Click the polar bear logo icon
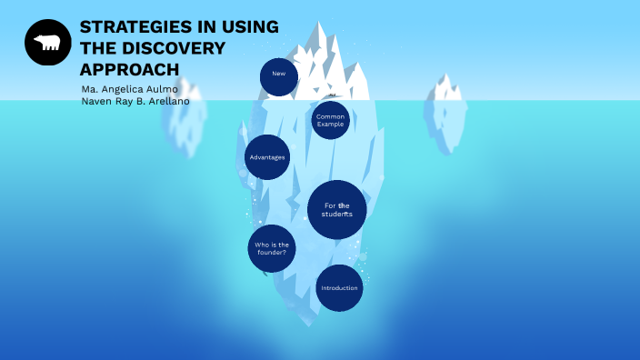(47, 43)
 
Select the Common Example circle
(330, 120)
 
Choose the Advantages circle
(267, 157)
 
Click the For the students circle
(337, 209)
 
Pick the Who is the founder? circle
(272, 248)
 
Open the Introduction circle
(339, 288)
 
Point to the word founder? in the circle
(272, 253)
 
